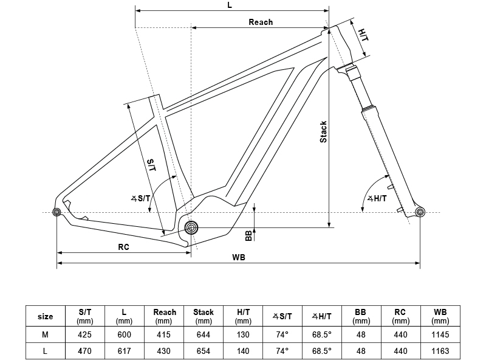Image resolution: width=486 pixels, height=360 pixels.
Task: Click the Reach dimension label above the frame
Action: (261, 22)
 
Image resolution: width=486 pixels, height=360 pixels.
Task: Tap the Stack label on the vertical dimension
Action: (323, 132)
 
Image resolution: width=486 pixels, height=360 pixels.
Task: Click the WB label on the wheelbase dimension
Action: (239, 257)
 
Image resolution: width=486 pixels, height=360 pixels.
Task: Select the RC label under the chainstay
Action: (123, 247)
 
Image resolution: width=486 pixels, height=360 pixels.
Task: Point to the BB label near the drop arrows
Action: (248, 236)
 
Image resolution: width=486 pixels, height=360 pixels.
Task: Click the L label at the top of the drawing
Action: (230, 5)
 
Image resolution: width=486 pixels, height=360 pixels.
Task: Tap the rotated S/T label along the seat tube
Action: (151, 165)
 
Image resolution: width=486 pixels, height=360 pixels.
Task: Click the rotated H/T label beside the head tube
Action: (363, 35)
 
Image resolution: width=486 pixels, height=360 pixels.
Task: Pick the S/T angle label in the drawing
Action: (141, 198)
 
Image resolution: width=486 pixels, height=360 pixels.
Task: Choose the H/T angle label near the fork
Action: (377, 199)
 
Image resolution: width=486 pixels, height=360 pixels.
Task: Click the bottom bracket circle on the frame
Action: (191, 228)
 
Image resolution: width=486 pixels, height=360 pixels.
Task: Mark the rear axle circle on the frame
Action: (57, 212)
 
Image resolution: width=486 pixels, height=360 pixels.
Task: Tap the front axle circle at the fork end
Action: (420, 212)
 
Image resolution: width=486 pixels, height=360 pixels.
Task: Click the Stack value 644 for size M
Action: (204, 334)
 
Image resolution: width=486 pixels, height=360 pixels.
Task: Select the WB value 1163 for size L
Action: (440, 351)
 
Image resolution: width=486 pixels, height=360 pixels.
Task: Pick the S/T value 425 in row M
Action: (85, 334)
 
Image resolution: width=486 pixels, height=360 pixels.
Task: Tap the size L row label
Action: (45, 351)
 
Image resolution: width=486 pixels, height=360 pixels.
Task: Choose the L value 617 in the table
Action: (125, 351)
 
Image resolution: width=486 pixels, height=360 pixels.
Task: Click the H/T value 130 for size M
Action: (243, 334)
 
